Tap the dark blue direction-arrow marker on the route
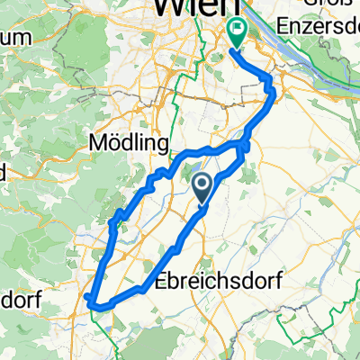202,187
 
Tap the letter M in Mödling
97,144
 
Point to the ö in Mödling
114,144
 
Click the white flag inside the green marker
237,30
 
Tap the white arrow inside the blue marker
202,184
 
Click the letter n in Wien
204,7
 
